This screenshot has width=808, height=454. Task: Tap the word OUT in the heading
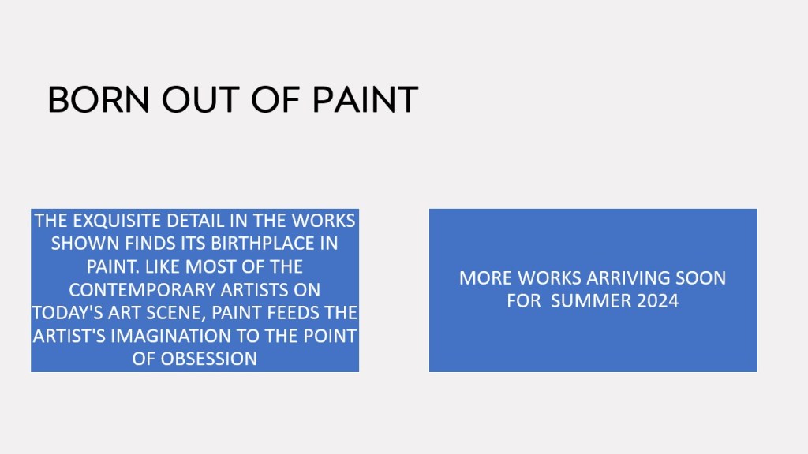point(200,100)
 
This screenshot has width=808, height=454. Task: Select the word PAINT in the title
point(365,100)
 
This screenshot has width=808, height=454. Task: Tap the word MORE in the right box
point(485,278)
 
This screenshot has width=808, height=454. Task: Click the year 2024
point(657,301)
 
